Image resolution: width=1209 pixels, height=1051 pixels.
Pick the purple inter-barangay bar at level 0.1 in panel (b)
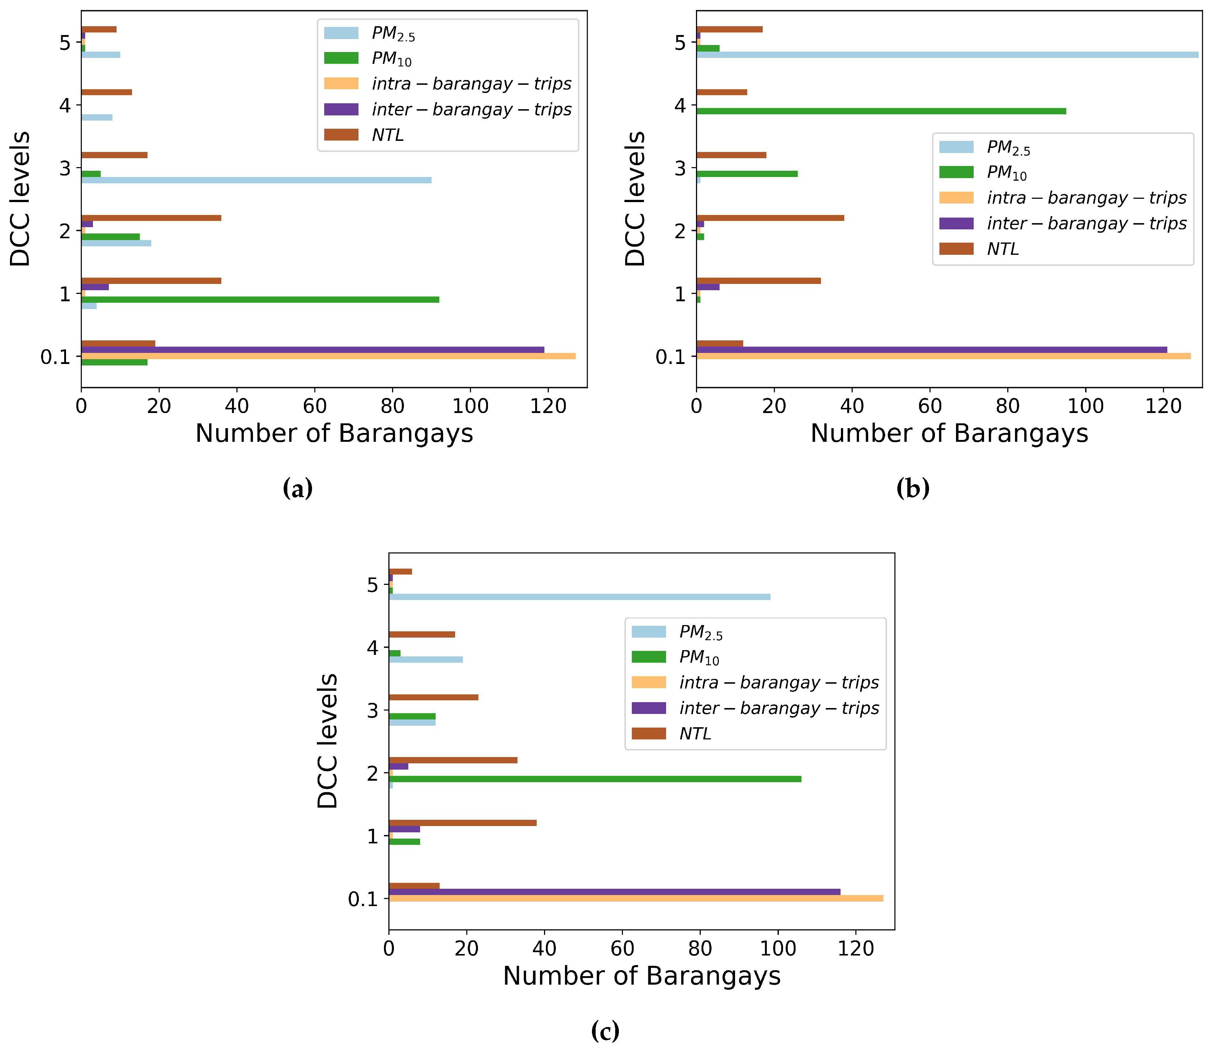coord(932,350)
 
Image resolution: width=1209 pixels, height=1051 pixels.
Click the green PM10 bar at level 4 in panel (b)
coord(881,111)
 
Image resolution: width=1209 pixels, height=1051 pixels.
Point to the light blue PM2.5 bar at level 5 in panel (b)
coord(947,55)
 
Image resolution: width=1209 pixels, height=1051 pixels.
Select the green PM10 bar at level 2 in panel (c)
coord(595,779)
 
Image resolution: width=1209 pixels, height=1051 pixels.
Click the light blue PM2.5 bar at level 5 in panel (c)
coord(579,596)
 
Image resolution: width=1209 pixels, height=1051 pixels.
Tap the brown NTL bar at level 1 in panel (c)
coord(462,823)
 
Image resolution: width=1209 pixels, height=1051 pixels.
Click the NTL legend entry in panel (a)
coord(387,135)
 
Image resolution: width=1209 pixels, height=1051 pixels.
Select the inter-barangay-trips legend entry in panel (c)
coord(779,708)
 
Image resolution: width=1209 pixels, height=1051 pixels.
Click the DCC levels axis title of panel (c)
coord(327,741)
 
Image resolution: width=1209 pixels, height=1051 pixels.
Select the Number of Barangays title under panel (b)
coord(949,433)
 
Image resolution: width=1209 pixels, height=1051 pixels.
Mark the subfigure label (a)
coord(297,488)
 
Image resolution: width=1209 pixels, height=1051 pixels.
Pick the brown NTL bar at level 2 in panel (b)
coord(770,218)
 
